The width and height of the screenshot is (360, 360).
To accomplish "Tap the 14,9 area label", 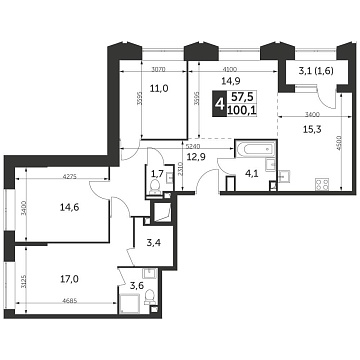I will (203, 82).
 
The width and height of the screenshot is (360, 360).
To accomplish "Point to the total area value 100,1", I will (241, 110).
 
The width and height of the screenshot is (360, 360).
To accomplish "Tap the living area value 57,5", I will (241, 97).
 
